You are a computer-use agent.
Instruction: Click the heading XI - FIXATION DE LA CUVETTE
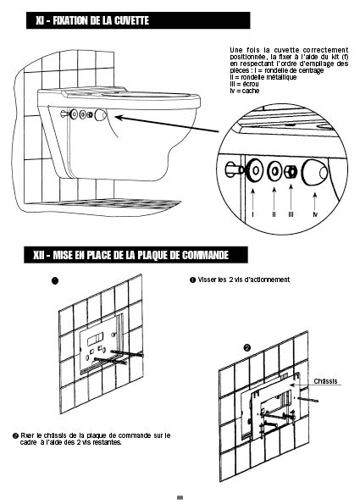[x=92, y=21]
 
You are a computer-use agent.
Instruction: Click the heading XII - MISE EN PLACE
[x=131, y=255]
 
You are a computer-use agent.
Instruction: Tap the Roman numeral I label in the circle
[x=253, y=214]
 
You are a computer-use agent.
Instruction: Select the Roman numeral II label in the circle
[x=274, y=214]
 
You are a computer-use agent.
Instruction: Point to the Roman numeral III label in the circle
[x=291, y=214]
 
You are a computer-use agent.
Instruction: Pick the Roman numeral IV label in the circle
[x=315, y=214]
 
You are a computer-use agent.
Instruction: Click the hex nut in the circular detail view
[x=291, y=171]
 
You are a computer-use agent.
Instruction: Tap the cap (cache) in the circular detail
[x=315, y=173]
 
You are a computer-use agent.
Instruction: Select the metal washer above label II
[x=274, y=171]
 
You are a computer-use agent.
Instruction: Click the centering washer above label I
[x=255, y=169]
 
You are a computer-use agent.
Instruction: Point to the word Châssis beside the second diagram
[x=325, y=381]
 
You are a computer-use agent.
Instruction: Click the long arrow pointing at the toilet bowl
[x=167, y=124]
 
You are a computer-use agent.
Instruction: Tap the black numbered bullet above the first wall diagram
[x=55, y=280]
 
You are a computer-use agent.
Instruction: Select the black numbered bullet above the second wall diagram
[x=246, y=348]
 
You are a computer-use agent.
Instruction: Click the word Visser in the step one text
[x=207, y=280]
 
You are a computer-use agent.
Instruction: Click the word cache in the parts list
[x=251, y=91]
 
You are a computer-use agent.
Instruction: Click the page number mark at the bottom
[x=180, y=497]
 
